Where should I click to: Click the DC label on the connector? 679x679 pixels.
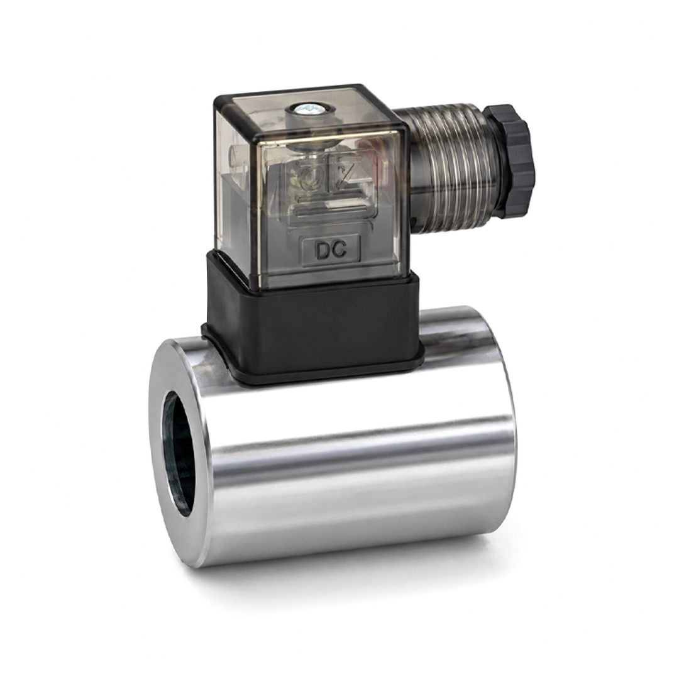click(331, 250)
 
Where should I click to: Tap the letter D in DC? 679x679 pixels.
click(323, 250)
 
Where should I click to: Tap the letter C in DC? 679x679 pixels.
click(340, 250)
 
